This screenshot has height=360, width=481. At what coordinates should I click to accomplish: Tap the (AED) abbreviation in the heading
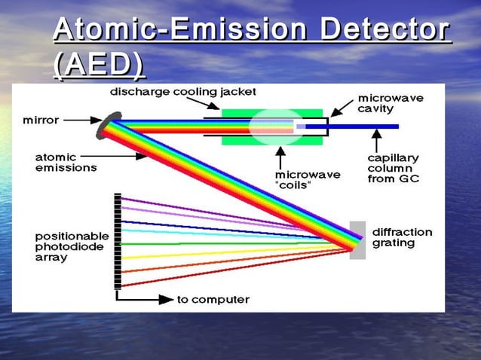99,66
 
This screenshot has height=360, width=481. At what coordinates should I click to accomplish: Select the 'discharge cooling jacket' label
183,92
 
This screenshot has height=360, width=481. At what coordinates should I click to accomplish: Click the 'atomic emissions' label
66,162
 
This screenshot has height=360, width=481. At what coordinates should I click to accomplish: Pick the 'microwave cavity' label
390,103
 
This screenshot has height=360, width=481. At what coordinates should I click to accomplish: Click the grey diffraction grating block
358,239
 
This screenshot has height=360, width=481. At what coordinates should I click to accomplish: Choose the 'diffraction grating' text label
403,237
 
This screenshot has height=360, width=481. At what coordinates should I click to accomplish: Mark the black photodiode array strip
117,241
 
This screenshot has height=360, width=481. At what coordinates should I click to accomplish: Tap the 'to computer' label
213,299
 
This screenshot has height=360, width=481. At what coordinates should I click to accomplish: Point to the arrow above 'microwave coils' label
280,159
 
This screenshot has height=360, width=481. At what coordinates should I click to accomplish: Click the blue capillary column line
362,127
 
